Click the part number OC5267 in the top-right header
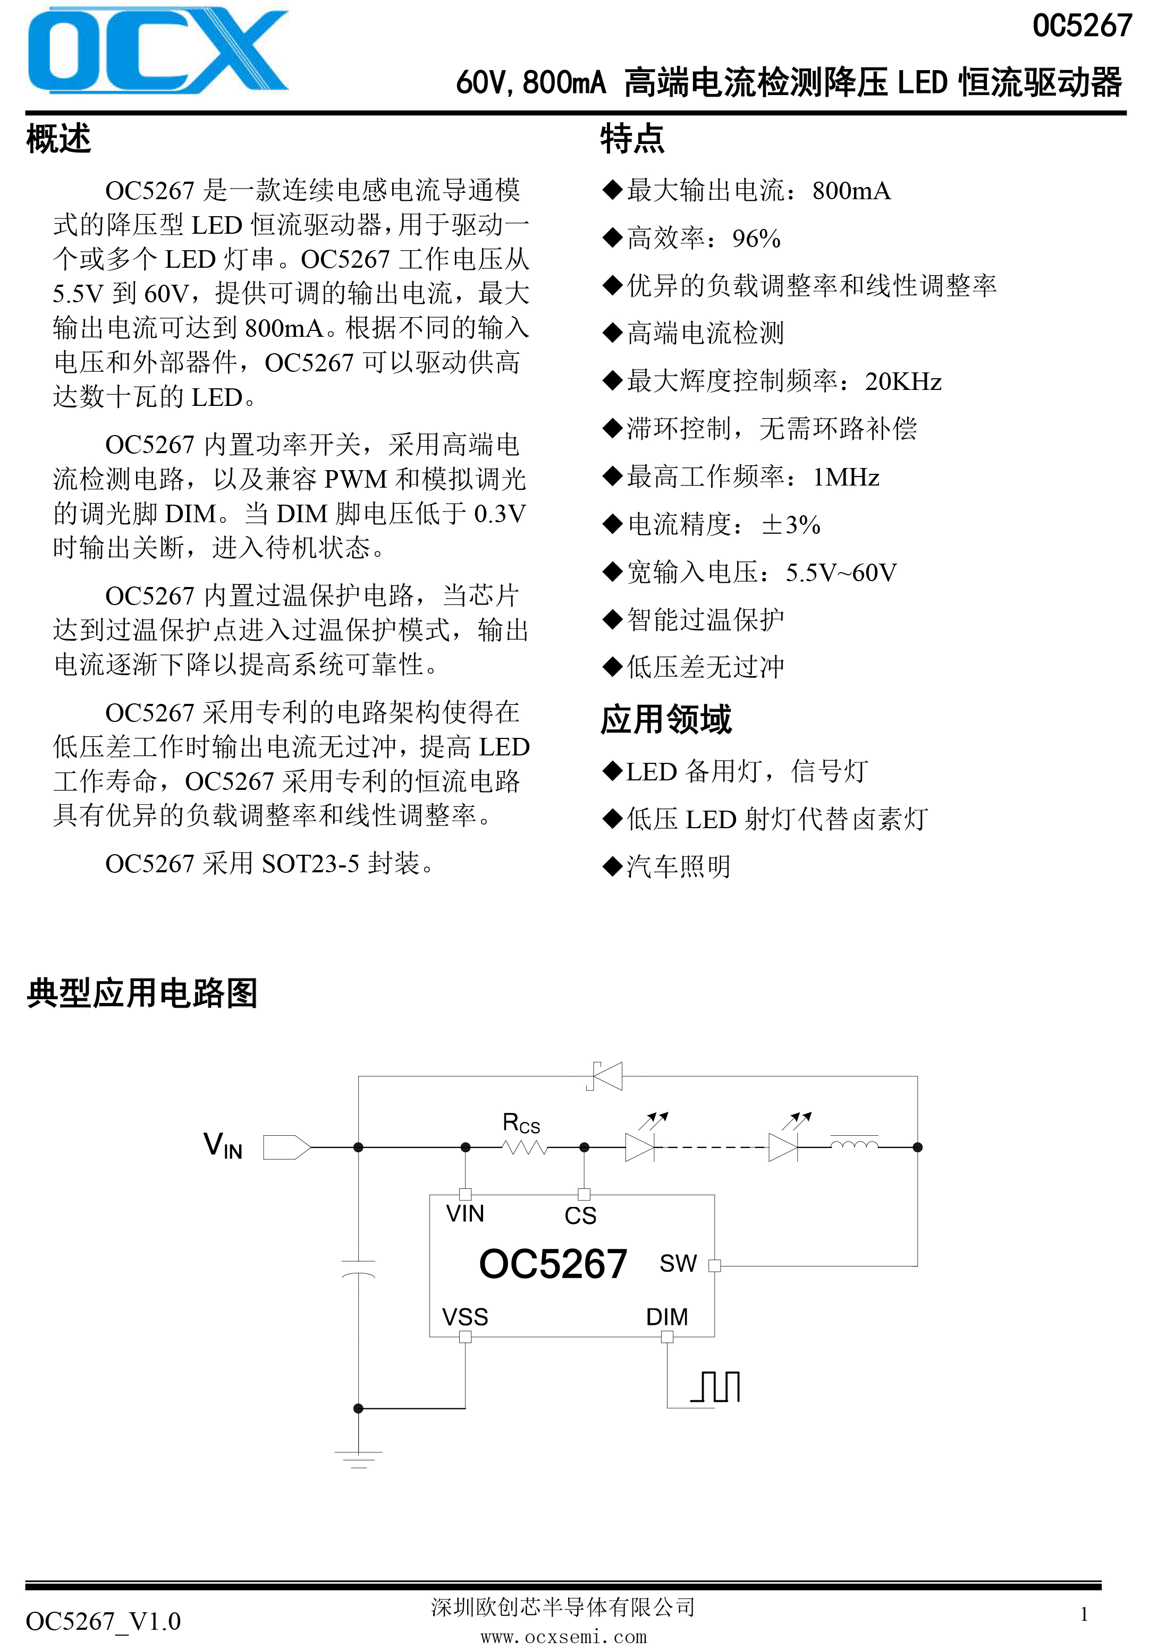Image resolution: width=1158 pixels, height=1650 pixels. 1082,26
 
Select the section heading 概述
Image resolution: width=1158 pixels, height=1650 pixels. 59,139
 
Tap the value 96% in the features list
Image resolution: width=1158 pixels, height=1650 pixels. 756,239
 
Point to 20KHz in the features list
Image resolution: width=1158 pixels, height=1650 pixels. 903,381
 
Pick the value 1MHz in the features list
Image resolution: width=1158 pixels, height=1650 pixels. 846,477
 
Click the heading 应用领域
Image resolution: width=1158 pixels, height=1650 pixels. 666,719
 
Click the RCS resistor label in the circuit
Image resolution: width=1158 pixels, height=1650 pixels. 521,1122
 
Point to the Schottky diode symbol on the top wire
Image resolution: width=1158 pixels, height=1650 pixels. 605,1076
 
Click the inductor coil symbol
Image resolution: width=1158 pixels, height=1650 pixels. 854,1143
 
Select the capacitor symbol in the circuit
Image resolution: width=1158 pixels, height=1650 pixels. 358,1269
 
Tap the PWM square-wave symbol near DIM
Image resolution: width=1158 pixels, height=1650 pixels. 715,1387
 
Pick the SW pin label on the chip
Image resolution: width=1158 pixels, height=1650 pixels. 678,1263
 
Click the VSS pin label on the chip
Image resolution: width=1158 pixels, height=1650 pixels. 465,1317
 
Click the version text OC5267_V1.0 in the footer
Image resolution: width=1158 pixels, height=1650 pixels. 104,1621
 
